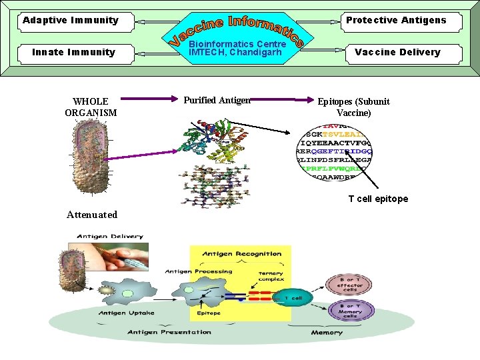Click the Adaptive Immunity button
(71, 20)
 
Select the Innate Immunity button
(74, 52)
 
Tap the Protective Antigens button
(396, 20)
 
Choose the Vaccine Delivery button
(397, 52)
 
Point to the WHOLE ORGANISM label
(91, 107)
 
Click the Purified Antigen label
(217, 100)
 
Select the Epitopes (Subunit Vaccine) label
(353, 107)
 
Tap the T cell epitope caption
(378, 199)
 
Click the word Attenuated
(92, 214)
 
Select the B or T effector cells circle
(350, 285)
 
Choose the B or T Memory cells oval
(350, 311)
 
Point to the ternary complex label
(271, 277)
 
